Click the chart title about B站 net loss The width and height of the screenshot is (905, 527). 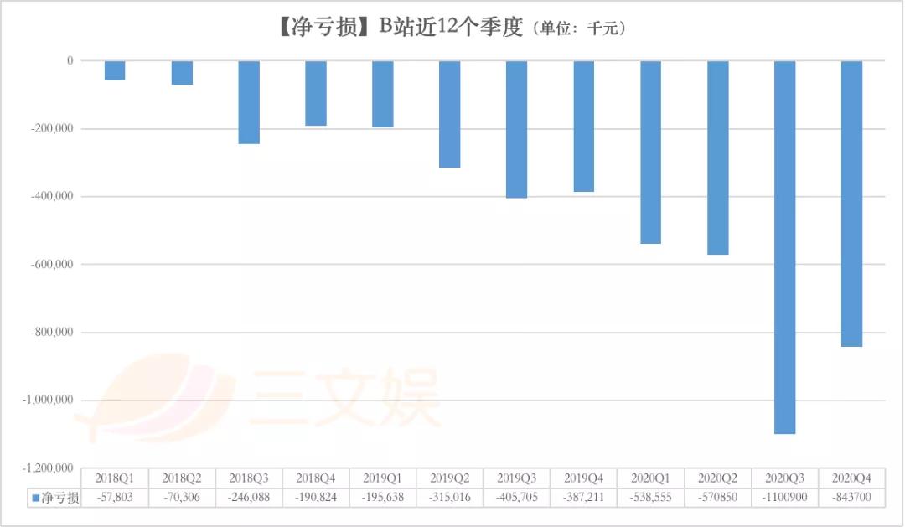pos(452,27)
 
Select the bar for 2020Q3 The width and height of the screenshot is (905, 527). pos(785,247)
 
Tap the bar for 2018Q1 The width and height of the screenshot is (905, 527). pos(115,70)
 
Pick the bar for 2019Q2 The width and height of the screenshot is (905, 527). pos(450,114)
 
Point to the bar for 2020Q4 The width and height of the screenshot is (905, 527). pos(851,204)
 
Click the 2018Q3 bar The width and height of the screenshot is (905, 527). pos(249,102)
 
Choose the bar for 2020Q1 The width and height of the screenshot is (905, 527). pos(651,152)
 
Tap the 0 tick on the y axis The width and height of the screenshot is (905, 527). pos(70,61)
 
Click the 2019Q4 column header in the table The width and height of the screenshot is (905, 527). pos(584,478)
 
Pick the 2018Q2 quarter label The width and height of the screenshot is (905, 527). pos(182,478)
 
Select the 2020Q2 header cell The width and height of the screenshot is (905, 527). pos(718,478)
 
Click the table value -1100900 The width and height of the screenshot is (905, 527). pos(785,499)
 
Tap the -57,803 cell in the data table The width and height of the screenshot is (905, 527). pos(115,499)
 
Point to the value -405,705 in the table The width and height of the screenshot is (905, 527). pos(517,499)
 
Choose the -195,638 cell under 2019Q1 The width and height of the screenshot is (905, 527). pos(383,499)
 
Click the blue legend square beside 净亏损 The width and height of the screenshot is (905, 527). pos(36,499)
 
